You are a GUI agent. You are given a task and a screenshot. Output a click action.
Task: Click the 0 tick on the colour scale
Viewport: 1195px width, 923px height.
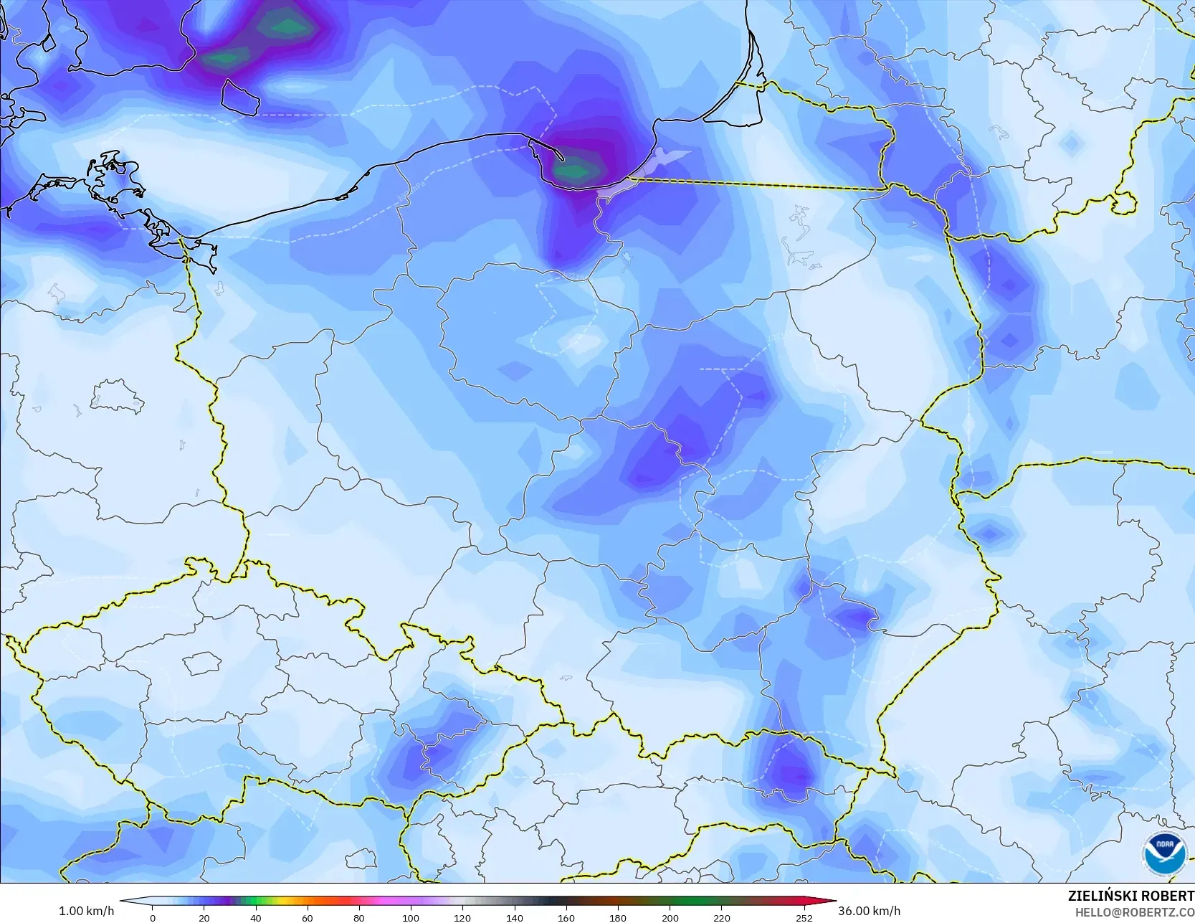[x=153, y=917]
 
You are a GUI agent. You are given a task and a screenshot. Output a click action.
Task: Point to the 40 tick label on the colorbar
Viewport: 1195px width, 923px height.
[x=256, y=917]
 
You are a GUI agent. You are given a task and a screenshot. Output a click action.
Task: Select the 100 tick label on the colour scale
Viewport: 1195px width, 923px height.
[x=410, y=917]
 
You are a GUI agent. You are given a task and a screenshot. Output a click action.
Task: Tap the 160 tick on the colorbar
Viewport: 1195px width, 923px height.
[x=566, y=917]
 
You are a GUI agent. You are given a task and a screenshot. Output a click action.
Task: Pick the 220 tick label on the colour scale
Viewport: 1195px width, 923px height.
[x=722, y=917]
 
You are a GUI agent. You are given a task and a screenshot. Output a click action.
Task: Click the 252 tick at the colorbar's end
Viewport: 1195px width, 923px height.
[x=804, y=917]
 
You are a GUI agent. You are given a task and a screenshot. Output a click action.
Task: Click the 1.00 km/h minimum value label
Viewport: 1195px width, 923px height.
[x=86, y=911]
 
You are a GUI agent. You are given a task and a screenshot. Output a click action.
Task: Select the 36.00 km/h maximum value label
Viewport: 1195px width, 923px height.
[x=869, y=911]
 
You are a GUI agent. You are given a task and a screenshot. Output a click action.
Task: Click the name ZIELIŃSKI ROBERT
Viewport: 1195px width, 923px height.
[x=1130, y=896]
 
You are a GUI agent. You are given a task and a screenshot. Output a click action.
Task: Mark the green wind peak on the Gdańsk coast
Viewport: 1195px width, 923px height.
[x=573, y=171]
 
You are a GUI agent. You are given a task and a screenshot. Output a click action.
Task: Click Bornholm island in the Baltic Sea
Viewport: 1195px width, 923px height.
[x=239, y=97]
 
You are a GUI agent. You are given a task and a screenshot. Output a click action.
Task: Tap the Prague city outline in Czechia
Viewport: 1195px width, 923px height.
[x=203, y=663]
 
